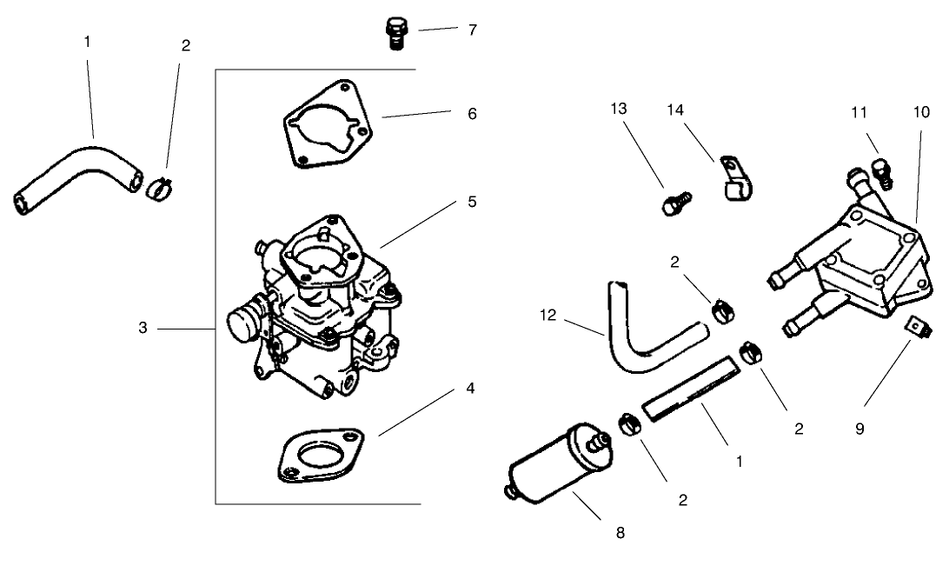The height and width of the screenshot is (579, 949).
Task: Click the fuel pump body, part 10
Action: [860, 266]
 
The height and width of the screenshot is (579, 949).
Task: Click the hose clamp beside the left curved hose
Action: [158, 184]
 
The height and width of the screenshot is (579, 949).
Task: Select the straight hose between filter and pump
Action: [690, 389]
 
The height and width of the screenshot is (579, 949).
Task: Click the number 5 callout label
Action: [471, 201]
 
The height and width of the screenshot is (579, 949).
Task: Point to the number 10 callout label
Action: [922, 112]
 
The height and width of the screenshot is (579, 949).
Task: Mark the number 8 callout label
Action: [620, 532]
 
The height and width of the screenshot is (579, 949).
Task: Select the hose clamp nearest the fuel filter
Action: [627, 425]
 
